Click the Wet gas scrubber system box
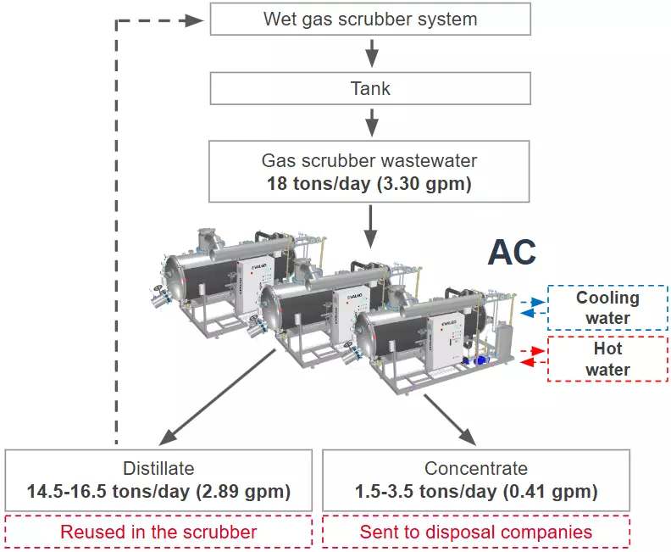click(x=370, y=19)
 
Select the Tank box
click(x=370, y=88)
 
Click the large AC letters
click(x=512, y=253)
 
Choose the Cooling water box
click(x=607, y=308)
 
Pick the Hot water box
click(x=607, y=359)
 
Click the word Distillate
click(x=158, y=468)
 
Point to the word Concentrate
click(x=475, y=468)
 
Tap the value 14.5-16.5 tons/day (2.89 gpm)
click(x=158, y=491)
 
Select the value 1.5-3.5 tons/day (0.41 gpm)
click(x=475, y=491)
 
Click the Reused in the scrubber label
click(x=158, y=532)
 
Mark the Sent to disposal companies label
click(x=475, y=532)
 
